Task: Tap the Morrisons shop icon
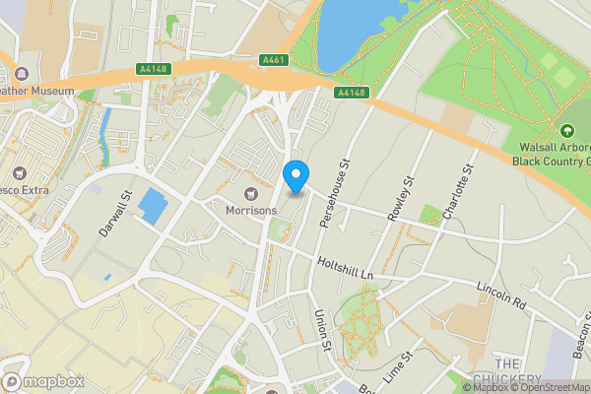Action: (251, 191)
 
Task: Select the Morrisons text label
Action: (251, 210)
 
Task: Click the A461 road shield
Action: (275, 60)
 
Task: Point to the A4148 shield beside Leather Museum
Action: (151, 70)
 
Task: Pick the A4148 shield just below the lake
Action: (351, 93)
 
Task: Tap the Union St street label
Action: (320, 329)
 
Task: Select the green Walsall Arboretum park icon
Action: (566, 131)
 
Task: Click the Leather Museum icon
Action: (22, 74)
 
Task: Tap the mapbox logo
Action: (43, 381)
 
